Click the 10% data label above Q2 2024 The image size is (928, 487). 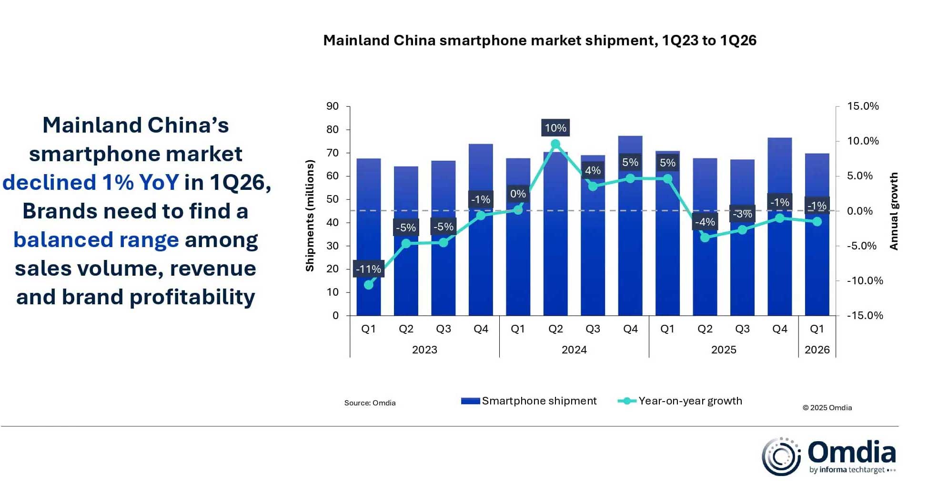tap(555, 128)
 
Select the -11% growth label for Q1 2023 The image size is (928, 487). tap(368, 269)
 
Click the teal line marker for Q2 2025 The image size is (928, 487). tap(705, 237)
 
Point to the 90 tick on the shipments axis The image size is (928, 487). tap(333, 106)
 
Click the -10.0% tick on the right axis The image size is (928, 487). tap(864, 280)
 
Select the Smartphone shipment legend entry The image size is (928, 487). tap(529, 401)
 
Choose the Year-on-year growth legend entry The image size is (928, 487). tap(680, 401)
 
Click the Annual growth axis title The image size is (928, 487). tap(894, 211)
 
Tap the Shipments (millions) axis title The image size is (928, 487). tap(310, 216)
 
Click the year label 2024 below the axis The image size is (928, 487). tap(574, 350)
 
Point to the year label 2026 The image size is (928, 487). tap(817, 350)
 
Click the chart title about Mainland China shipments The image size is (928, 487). tap(539, 41)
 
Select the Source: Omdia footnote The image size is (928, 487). tap(370, 403)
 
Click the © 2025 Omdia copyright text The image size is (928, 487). tap(827, 408)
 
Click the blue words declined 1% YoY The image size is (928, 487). tap(91, 183)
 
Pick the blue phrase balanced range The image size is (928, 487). tap(96, 240)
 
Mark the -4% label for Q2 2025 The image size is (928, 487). tap(705, 222)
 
